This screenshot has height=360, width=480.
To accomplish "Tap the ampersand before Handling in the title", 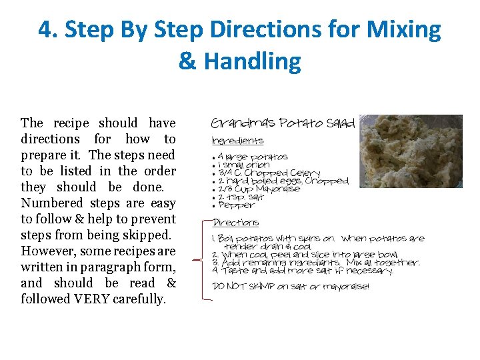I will point(187,61).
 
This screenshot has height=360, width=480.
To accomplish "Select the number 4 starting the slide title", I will point(45,30).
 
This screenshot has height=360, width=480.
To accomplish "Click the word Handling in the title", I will point(252,61).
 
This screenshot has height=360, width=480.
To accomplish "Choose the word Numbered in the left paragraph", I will point(51,203).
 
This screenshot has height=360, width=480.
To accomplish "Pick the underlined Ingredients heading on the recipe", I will point(237,141).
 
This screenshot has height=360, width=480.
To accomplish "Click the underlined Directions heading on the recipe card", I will point(235,223).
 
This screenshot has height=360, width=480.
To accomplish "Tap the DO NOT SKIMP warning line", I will point(290,287).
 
